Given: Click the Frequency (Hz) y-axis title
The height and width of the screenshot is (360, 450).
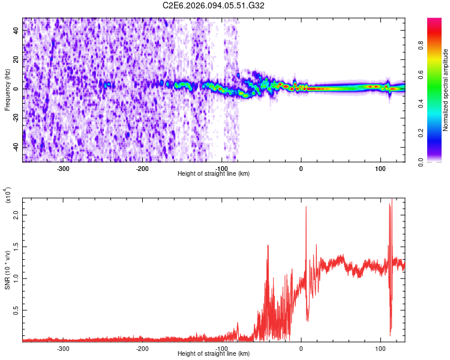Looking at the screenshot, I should [7, 89].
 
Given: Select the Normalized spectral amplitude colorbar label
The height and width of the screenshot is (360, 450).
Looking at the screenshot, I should [446, 91].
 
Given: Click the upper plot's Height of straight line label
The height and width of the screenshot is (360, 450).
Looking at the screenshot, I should [214, 173].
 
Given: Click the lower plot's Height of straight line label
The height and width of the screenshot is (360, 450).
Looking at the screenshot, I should [214, 353].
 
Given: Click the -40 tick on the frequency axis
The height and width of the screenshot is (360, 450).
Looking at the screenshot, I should [14, 147].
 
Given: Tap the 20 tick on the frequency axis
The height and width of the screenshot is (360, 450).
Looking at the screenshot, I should [15, 59].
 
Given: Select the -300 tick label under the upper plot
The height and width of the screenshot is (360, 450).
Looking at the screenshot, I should [64, 168].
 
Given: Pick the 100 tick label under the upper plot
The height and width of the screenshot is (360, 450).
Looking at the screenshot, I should [380, 168].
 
